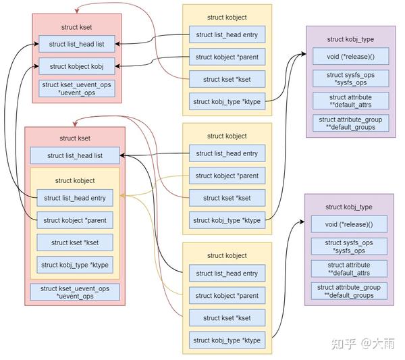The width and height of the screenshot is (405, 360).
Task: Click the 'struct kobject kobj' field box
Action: pyautogui.click(x=76, y=66)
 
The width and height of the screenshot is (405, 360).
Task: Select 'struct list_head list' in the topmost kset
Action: pyautogui.click(x=76, y=45)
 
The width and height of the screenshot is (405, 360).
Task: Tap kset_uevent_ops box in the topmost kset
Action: pyautogui.click(x=76, y=88)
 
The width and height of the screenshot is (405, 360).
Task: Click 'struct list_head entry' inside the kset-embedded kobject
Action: pyautogui.click(x=74, y=198)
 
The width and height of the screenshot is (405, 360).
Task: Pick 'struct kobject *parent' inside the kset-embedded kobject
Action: pyautogui.click(x=74, y=220)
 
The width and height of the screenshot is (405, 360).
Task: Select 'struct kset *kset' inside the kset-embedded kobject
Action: pyautogui.click(x=74, y=242)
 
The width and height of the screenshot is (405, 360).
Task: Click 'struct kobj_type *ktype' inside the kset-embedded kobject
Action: pyautogui.click(x=74, y=265)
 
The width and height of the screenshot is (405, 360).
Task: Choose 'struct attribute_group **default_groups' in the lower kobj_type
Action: pyautogui.click(x=348, y=291)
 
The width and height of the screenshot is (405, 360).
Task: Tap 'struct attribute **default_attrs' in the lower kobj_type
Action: pyautogui.click(x=348, y=269)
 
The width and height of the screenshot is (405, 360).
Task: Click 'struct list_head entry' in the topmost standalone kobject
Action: pyautogui.click(x=227, y=34)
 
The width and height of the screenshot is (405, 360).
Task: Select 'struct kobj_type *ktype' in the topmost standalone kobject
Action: pyautogui.click(x=227, y=102)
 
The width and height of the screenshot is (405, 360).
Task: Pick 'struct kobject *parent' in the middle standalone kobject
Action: pyautogui.click(x=227, y=176)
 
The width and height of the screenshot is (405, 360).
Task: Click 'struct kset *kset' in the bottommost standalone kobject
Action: pyautogui.click(x=227, y=317)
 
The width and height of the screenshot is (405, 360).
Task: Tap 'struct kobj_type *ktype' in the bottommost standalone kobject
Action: pyautogui.click(x=227, y=340)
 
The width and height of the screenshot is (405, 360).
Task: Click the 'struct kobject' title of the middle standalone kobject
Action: pyautogui.click(x=227, y=136)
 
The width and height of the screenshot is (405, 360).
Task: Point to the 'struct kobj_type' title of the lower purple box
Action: pyautogui.click(x=348, y=207)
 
